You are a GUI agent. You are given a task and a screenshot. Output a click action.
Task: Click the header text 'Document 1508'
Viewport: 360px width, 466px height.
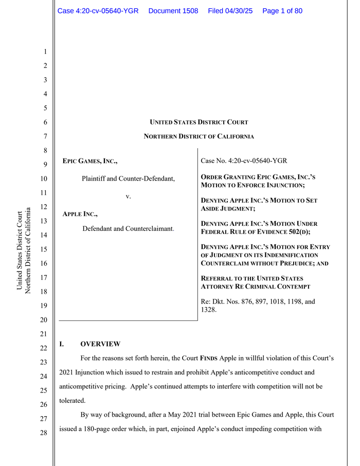pos(173,11)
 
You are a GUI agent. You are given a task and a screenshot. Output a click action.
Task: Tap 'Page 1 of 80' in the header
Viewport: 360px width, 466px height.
pos(282,11)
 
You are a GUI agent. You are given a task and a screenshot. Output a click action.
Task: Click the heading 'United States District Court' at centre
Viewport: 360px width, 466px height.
pos(199,122)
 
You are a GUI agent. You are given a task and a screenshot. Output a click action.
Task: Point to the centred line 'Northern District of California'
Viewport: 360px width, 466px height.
pos(199,136)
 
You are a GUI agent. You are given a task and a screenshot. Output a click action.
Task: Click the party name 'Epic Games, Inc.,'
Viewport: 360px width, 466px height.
pos(89,162)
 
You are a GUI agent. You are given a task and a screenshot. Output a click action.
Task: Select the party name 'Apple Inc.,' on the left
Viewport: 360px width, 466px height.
pos(80,213)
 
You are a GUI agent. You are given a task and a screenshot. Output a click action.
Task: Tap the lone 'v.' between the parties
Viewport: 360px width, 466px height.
pos(129,196)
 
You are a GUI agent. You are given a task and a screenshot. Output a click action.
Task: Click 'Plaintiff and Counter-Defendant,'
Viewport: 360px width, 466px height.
pos(128,179)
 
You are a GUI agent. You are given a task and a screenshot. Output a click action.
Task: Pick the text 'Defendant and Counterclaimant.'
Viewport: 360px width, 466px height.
pos(128,228)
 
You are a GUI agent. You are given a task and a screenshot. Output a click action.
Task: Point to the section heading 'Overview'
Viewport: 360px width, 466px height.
pos(100,344)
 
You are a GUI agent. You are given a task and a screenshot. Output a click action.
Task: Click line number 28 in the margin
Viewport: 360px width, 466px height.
pos(45,433)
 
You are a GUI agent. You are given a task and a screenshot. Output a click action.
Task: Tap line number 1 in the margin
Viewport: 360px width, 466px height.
pos(45,52)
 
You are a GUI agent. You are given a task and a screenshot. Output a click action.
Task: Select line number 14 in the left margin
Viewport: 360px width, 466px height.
pos(45,235)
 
